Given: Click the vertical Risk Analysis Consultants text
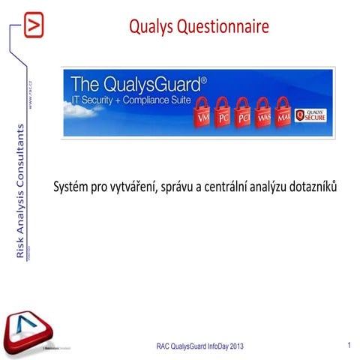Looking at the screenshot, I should tap(20, 193).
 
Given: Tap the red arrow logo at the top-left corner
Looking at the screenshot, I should tap(34, 25).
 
